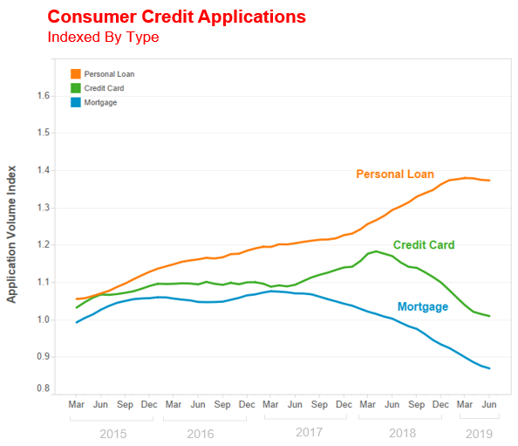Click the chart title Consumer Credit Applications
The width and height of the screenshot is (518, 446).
pos(177,17)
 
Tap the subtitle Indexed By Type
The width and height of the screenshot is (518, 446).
pos(103,37)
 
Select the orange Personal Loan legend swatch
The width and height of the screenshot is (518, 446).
pos(76,73)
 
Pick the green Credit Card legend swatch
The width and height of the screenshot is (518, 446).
pos(76,88)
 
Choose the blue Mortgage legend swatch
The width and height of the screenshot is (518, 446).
pos(76,102)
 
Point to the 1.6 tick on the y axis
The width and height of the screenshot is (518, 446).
pos(43,96)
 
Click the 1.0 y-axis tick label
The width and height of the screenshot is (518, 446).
pos(43,319)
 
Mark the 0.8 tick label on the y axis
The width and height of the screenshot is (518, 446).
pos(43,388)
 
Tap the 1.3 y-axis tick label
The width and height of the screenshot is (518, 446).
pos(43,208)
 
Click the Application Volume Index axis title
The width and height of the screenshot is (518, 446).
pos(11,234)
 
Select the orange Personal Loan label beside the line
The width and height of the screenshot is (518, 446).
pos(395,175)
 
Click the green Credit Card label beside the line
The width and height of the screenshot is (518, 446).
pos(424,245)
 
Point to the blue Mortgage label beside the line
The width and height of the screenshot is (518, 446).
pos(423,307)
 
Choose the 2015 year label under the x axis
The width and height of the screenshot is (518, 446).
pos(113,434)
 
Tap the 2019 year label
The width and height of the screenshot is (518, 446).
pos(479,434)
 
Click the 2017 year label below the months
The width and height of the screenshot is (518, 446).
pos(309,432)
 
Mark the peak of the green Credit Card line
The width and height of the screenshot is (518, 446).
pos(376,251)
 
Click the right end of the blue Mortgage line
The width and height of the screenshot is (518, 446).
pos(489,368)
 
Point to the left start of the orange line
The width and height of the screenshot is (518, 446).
pos(77,298)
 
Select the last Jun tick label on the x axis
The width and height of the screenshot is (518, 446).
pos(489,404)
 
